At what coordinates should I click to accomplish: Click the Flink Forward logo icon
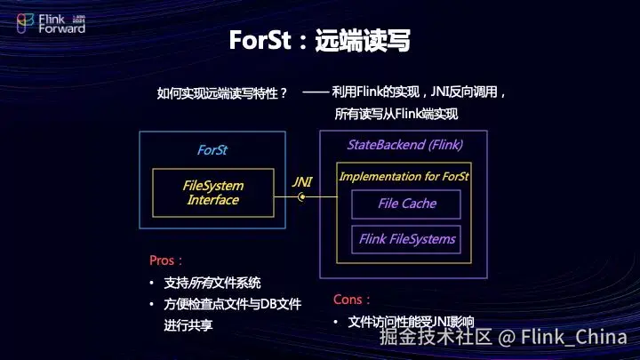(x=26, y=22)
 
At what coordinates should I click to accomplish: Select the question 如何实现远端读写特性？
(x=222, y=92)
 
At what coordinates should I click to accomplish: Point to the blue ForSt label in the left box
(x=212, y=150)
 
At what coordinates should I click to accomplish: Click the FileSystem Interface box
(x=212, y=193)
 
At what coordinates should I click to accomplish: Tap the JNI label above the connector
(x=302, y=181)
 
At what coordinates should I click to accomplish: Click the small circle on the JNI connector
(x=302, y=197)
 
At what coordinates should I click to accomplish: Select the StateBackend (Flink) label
(x=404, y=144)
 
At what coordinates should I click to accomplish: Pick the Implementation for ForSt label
(x=404, y=176)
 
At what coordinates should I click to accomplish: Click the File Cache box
(x=406, y=204)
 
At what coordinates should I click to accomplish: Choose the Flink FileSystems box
(x=406, y=239)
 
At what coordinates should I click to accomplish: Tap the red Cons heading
(x=353, y=300)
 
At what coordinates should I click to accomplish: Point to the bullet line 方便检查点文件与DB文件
(x=232, y=304)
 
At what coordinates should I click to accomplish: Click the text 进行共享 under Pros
(x=188, y=325)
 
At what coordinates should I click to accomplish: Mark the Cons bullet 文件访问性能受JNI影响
(x=412, y=322)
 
